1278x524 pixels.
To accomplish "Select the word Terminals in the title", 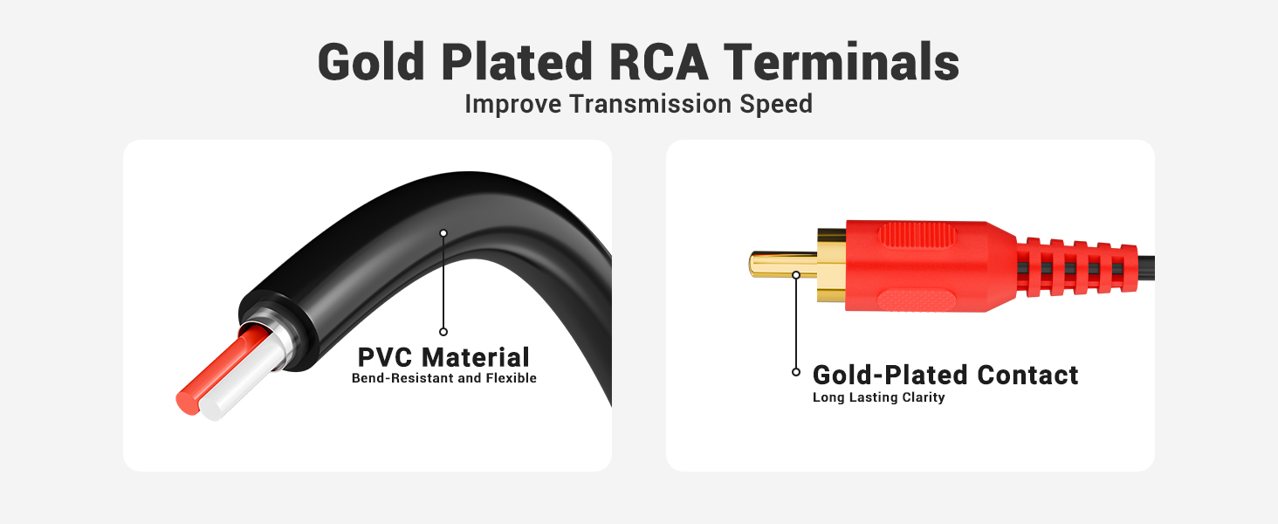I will pos(842,62).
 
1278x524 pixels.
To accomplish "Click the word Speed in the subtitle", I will pos(776,104).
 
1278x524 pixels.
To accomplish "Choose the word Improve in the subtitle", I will pos(514,104).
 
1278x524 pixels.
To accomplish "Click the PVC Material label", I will pos(443,357).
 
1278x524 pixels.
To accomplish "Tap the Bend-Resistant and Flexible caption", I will pos(443,378).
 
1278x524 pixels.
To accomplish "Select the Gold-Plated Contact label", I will pos(945,376).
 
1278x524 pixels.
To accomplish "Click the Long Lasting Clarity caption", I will pos(878,397).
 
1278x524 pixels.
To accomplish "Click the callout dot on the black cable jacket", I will pos(443,232).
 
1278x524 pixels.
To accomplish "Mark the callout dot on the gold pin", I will pos(796,275).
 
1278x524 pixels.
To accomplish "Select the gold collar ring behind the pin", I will pos(831,265).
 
